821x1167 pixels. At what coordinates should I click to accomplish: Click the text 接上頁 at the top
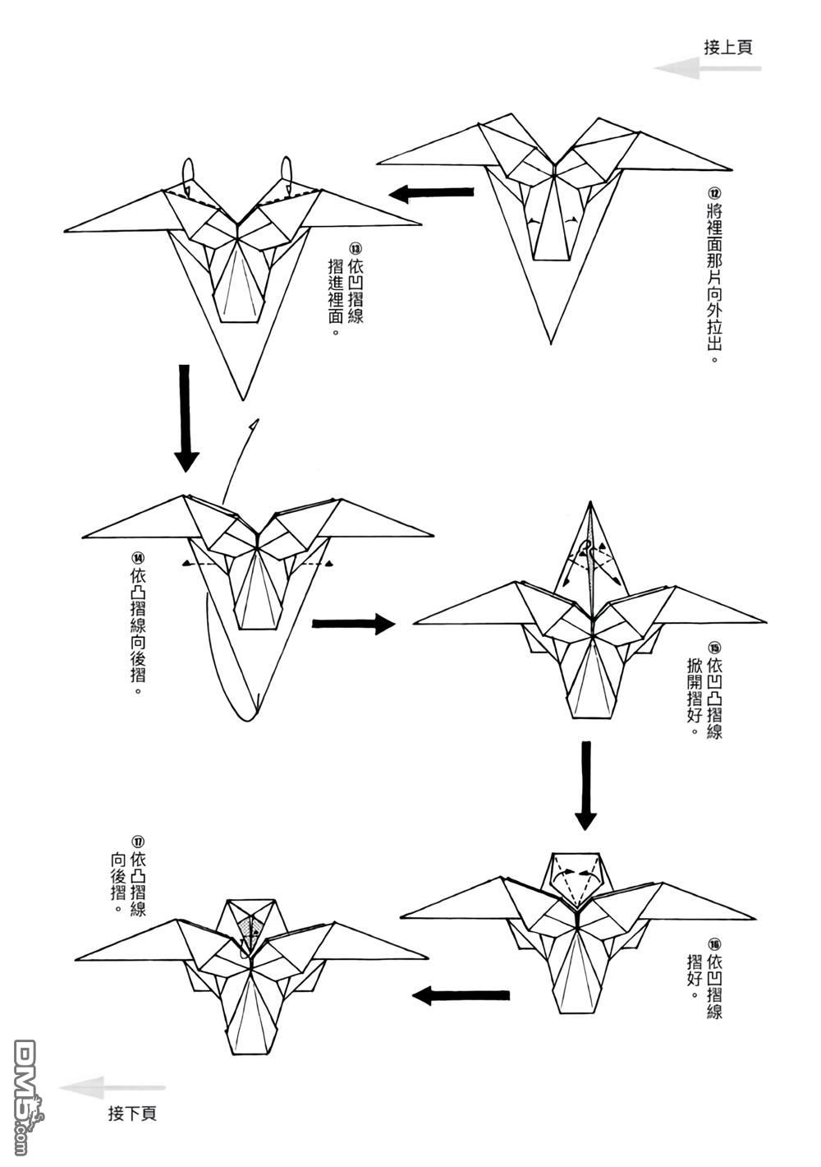727,47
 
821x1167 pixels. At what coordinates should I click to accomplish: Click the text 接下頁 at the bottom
131,1114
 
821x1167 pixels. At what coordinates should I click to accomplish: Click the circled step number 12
713,194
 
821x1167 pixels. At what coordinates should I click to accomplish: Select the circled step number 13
355,248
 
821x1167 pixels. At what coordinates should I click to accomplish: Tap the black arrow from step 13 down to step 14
186,417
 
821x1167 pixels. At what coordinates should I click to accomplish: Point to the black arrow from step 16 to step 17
461,996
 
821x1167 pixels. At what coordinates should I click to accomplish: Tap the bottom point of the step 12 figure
551,343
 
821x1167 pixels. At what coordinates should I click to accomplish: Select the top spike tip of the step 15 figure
589,501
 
